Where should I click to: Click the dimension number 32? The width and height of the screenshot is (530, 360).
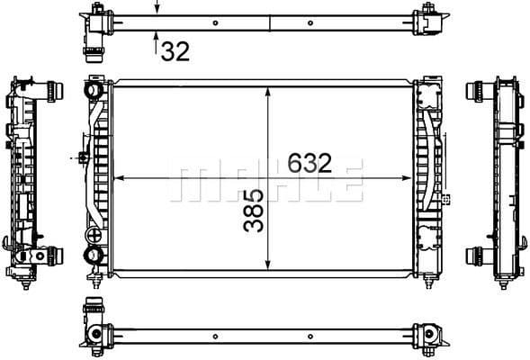click(x=175, y=51)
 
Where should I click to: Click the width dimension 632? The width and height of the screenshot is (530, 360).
click(x=310, y=162)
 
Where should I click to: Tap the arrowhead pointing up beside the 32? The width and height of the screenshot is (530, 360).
click(x=157, y=39)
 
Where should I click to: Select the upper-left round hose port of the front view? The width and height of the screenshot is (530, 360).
click(x=94, y=90)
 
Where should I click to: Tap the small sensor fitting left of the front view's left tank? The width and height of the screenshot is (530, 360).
click(x=82, y=158)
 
